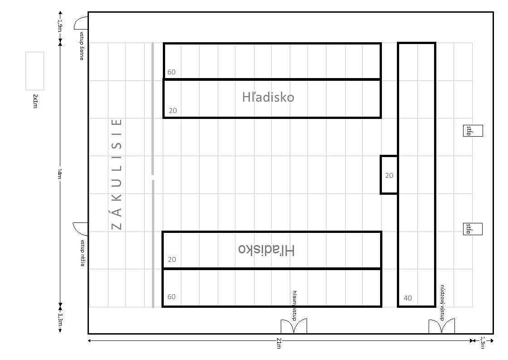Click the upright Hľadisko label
[268, 97]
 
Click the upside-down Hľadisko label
[266, 250]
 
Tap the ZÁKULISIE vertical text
[117, 174]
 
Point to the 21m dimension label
[278, 343]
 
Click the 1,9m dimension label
[59, 26]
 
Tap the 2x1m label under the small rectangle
[35, 101]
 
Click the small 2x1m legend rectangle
[34, 71]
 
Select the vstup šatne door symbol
[81, 23]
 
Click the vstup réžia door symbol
[80, 229]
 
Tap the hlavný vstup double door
[293, 326]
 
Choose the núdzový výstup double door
[442, 326]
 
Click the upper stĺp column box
[473, 131]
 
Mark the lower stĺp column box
[473, 229]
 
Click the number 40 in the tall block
[408, 298]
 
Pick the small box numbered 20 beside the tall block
[389, 175]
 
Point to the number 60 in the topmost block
[171, 72]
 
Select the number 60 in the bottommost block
[171, 297]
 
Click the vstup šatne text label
[82, 46]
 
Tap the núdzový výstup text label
[442, 303]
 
